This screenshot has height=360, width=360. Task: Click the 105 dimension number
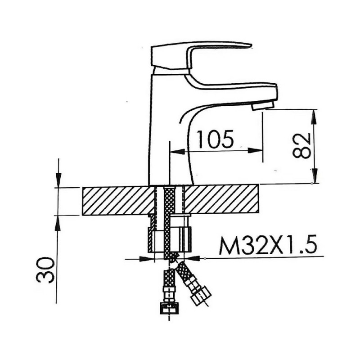point(216,139)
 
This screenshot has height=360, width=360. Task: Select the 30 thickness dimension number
point(45,270)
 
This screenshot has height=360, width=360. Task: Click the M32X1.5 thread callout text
point(268,245)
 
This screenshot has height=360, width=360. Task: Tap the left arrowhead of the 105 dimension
point(177,151)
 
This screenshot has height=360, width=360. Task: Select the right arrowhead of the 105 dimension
point(255,151)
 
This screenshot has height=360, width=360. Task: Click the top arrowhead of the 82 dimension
point(314,117)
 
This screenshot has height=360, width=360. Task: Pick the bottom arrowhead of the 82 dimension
point(314,176)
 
